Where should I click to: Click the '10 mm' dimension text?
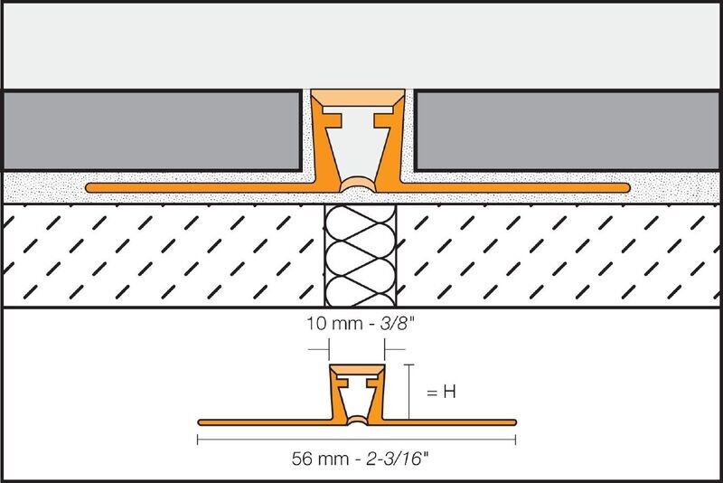pyautogui.click(x=334, y=324)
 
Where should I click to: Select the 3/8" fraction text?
pyautogui.click(x=398, y=324)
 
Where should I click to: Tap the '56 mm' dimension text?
pyautogui.click(x=321, y=459)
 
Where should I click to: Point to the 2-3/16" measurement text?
pyautogui.click(x=398, y=459)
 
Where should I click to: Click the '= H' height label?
pyautogui.click(x=441, y=393)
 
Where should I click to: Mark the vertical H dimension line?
pyautogui.click(x=409, y=392)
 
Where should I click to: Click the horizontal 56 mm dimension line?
pyautogui.click(x=356, y=440)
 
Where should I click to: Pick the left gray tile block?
pyautogui.click(x=153, y=131)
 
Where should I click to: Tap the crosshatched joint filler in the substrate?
pyautogui.click(x=360, y=256)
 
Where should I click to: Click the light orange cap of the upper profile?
pyautogui.click(x=357, y=98)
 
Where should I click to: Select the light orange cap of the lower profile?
pyautogui.click(x=357, y=371)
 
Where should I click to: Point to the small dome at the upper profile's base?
pyautogui.click(x=358, y=185)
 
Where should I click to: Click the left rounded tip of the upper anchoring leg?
pyautogui.click(x=88, y=188)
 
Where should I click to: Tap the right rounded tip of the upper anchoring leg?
pyautogui.click(x=627, y=188)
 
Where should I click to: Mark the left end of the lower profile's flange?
pyautogui.click(x=200, y=422)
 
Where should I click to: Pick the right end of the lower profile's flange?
pyautogui.click(x=514, y=422)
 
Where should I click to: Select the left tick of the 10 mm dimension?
pyautogui.click(x=329, y=350)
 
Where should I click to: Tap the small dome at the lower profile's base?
pyautogui.click(x=357, y=420)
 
